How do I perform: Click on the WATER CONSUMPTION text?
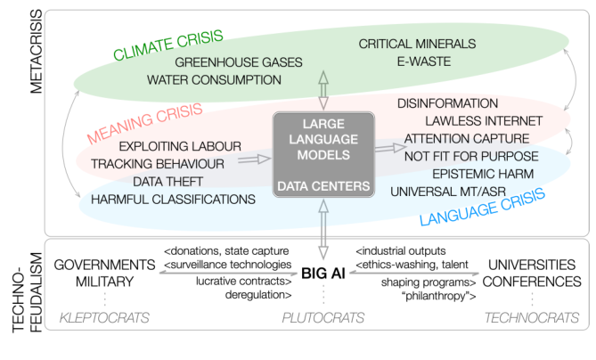click(214, 79)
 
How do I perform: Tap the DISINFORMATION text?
click(447, 103)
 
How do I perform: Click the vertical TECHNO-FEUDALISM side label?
click(13, 295)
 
